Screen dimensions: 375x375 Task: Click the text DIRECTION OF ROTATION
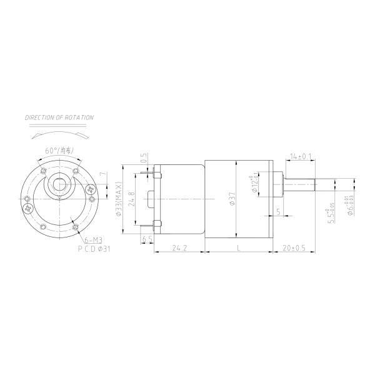pos(59,117)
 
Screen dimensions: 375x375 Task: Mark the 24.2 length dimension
pos(179,248)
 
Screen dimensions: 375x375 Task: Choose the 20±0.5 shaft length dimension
pos(293,248)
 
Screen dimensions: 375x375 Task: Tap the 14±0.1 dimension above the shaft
pos(302,156)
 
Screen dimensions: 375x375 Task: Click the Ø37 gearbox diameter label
pos(232,199)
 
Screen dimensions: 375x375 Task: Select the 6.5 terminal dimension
pos(147,239)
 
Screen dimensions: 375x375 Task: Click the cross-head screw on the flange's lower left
pos(28,208)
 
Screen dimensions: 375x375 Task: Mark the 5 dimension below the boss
pos(277,212)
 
